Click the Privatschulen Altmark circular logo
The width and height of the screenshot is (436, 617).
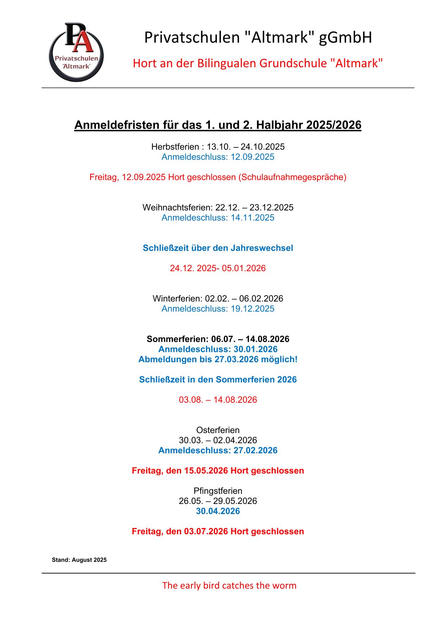tap(76, 52)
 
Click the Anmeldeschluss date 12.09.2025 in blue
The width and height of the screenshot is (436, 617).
tap(252, 157)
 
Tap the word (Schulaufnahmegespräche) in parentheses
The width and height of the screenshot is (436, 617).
tap(292, 177)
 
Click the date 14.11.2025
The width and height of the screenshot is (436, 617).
tap(252, 218)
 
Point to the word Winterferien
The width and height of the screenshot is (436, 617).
tap(177, 299)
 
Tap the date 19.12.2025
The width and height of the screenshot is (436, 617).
tap(252, 309)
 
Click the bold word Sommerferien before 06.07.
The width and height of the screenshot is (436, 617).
tap(177, 339)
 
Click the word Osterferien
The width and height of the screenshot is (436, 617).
tap(218, 430)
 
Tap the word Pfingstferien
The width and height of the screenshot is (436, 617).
tap(218, 491)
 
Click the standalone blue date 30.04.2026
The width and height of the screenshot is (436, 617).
tap(218, 511)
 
